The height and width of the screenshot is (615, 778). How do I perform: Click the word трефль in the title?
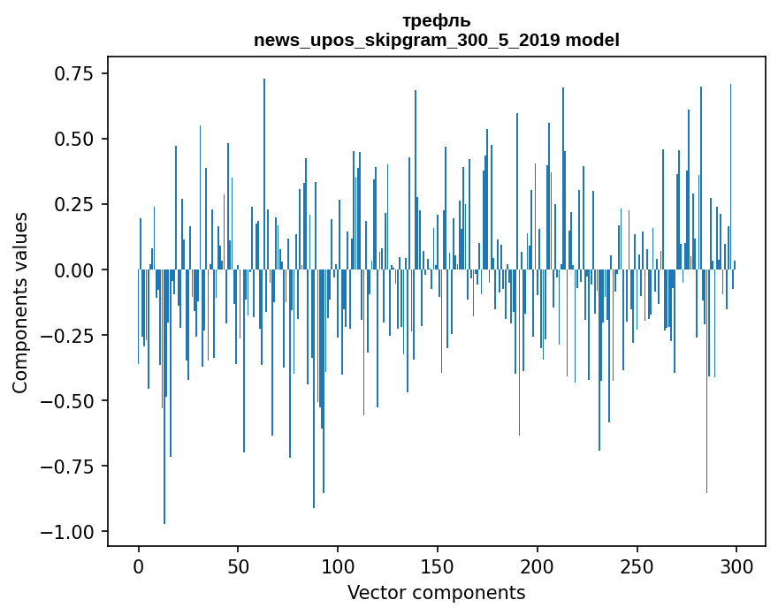437,21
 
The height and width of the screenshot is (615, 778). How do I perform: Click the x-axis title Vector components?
437,593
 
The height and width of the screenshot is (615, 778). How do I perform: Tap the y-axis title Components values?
20,302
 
